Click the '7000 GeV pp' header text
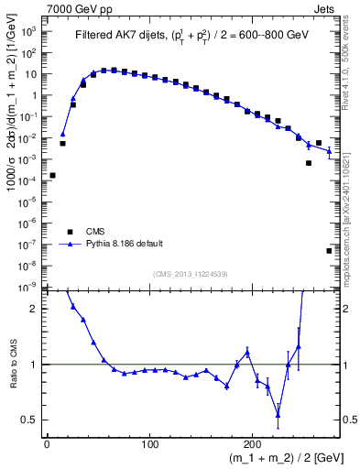pos(74,8)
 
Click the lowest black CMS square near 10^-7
pos(329,250)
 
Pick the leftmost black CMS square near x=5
pos(52,175)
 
